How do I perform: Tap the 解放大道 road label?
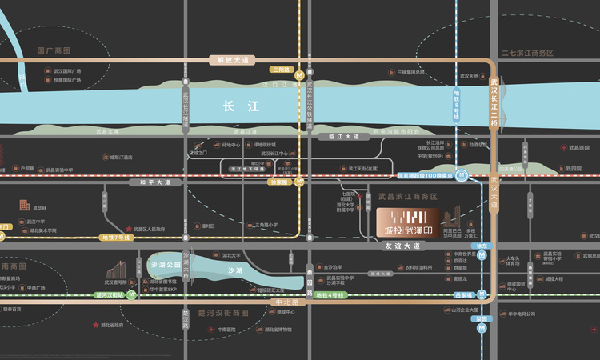click(228, 60)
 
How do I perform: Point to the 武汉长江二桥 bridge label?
click(494, 102)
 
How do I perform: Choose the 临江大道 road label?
click(345, 137)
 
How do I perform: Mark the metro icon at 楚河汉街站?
click(132, 294)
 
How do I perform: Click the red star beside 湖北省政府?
click(96, 325)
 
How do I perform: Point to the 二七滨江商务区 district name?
click(527, 53)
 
